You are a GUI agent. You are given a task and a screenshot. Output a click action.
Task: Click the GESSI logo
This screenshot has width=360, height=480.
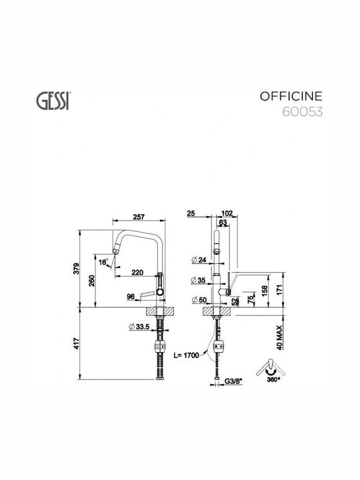pyautogui.click(x=53, y=101)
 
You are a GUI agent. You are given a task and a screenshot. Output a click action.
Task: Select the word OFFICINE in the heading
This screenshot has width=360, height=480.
pyautogui.click(x=291, y=97)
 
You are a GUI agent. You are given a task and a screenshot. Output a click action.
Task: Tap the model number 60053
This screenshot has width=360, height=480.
pyautogui.click(x=302, y=112)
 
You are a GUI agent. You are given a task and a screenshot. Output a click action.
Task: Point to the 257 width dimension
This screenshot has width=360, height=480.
pyautogui.click(x=139, y=217)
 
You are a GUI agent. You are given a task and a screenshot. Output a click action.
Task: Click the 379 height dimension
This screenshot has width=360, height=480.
pyautogui.click(x=77, y=269)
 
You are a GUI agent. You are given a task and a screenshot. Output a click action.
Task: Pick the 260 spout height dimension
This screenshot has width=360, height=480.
pyautogui.click(x=91, y=281)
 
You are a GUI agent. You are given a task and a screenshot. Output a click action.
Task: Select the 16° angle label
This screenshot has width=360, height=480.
pyautogui.click(x=103, y=262)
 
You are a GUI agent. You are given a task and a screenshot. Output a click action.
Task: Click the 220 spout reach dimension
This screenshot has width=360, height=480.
pyautogui.click(x=137, y=272)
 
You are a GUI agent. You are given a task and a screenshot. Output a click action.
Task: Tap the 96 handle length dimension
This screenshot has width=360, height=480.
pyautogui.click(x=131, y=296)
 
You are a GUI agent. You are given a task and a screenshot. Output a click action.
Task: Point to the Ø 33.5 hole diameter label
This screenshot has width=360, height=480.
pyautogui.click(x=139, y=327)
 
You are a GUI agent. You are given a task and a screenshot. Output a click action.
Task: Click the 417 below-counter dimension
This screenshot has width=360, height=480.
pyautogui.click(x=77, y=343)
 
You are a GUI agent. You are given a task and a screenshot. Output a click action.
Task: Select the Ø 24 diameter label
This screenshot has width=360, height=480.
pyautogui.click(x=199, y=260)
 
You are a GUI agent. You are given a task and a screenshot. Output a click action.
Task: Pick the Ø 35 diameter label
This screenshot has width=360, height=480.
pyautogui.click(x=198, y=280)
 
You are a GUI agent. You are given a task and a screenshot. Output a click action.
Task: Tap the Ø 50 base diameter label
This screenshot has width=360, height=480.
pyautogui.click(x=199, y=300)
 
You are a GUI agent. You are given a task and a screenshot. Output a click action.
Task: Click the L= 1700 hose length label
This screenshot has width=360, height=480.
pyautogui.click(x=186, y=355)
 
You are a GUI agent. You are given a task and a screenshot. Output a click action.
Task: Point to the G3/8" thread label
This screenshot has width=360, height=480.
pyautogui.click(x=233, y=381)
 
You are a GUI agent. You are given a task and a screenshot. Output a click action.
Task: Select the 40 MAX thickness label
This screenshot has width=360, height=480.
pyautogui.click(x=279, y=337)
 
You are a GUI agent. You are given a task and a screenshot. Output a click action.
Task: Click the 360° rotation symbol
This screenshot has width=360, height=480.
pyautogui.click(x=271, y=371)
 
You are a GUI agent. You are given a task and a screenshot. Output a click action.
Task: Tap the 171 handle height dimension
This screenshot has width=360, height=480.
pyautogui.click(x=279, y=290)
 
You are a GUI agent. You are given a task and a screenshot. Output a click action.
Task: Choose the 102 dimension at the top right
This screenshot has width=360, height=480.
pyautogui.click(x=227, y=213)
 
